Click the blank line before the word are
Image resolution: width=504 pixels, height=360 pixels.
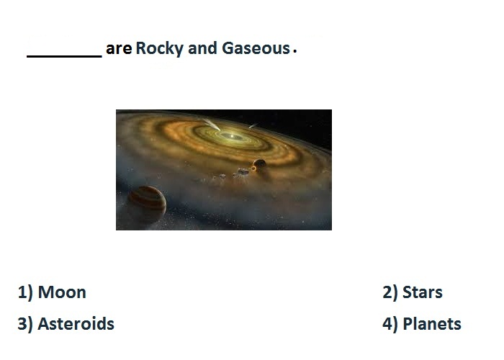click(x=64, y=57)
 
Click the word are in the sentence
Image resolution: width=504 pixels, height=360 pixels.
click(x=119, y=49)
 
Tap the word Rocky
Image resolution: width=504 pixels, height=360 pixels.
click(x=159, y=49)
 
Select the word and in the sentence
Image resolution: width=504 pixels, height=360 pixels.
click(x=202, y=48)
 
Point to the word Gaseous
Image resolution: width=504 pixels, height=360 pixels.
click(x=256, y=48)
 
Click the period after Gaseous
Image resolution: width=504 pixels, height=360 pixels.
click(x=294, y=51)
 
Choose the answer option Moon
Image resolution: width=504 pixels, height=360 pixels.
click(x=62, y=292)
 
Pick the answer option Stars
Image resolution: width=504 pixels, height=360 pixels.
click(x=423, y=292)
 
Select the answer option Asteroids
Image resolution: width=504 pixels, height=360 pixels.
click(x=76, y=324)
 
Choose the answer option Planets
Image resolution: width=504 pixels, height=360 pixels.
click(x=432, y=324)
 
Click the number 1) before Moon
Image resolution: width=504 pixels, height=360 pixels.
click(x=25, y=293)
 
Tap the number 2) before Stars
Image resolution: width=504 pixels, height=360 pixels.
click(x=390, y=293)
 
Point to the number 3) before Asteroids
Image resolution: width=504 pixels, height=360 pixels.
click(x=25, y=324)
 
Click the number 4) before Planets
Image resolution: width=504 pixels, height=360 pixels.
click(x=390, y=324)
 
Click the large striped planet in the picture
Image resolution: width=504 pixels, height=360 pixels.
click(x=147, y=204)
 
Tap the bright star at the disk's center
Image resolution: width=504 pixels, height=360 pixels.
click(x=232, y=136)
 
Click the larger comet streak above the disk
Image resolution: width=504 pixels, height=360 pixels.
click(x=211, y=125)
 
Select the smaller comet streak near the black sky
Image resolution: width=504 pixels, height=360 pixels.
click(x=253, y=126)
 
